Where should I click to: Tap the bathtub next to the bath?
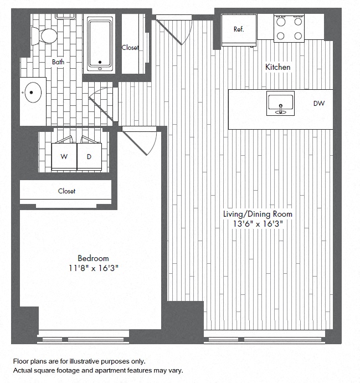[100, 44]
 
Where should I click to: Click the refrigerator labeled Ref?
[239, 30]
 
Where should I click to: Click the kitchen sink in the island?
[280, 103]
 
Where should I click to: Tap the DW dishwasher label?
[319, 104]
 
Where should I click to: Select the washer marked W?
[64, 156]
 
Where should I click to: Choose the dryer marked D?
[89, 156]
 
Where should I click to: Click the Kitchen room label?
[277, 67]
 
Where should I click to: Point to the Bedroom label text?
[93, 258]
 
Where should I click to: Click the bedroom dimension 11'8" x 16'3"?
[93, 268]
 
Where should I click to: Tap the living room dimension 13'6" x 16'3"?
[258, 224]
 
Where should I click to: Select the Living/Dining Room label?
[258, 214]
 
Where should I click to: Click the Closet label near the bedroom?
[66, 191]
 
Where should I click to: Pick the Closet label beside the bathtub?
[130, 48]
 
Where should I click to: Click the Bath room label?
[58, 62]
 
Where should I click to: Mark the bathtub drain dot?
[100, 62]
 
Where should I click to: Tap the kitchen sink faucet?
[281, 109]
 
